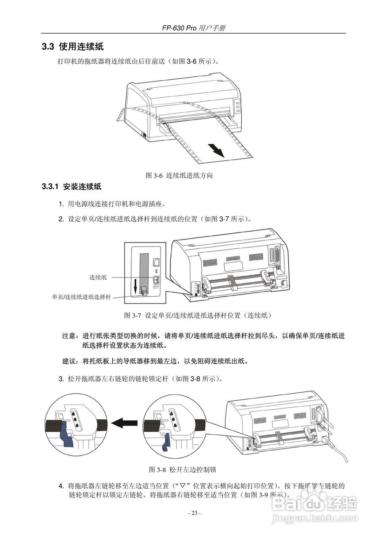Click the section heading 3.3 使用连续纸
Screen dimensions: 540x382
(72, 46)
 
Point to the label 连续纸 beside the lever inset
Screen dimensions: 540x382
(98, 278)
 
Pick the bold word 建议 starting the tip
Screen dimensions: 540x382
(70, 361)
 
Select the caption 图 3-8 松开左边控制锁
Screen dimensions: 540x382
(183, 470)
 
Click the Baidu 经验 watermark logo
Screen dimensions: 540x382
(314, 504)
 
